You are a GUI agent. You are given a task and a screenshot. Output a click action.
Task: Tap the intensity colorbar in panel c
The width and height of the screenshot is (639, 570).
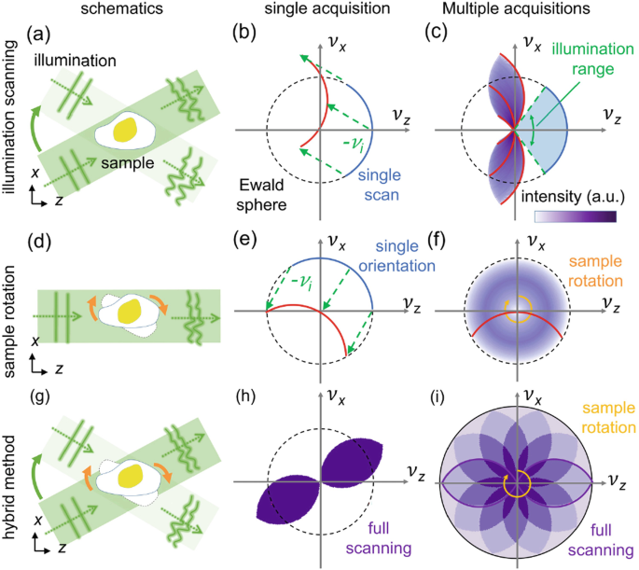click(x=575, y=215)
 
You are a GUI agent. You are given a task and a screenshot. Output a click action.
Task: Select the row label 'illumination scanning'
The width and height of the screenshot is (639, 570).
click(x=12, y=121)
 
